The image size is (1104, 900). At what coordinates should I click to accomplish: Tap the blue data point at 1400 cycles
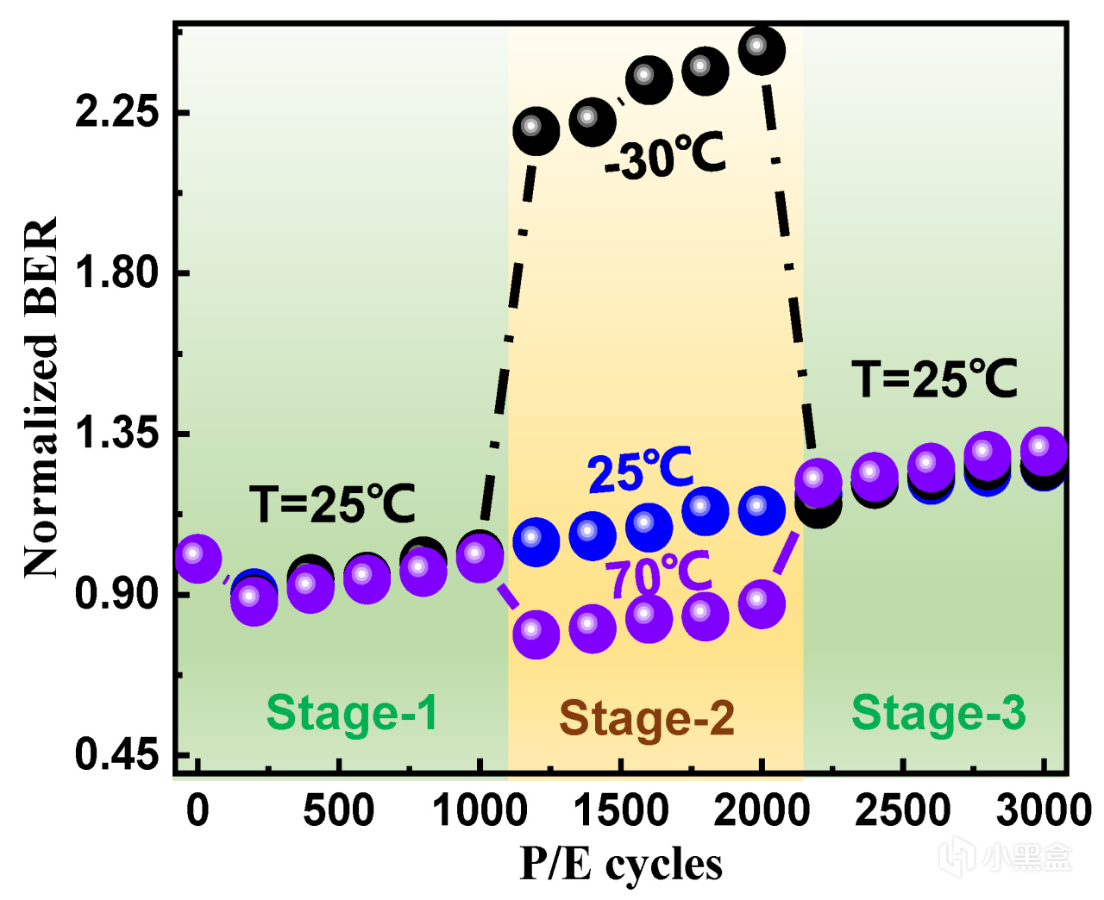click(592, 535)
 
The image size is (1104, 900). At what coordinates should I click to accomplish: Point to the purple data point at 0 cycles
click(198, 558)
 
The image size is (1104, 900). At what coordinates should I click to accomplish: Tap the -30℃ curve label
click(665, 157)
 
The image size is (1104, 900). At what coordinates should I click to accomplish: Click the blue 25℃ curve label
click(641, 471)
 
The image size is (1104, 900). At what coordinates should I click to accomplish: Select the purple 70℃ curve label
click(658, 574)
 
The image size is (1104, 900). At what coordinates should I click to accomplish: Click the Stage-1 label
click(352, 713)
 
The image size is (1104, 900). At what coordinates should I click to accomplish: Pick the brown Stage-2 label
click(647, 718)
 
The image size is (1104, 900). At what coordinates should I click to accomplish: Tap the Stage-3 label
click(938, 713)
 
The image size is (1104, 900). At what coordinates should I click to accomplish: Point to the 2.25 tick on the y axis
click(117, 112)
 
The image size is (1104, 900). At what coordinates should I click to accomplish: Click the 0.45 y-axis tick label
click(117, 755)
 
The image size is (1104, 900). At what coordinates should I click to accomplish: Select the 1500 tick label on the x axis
click(621, 811)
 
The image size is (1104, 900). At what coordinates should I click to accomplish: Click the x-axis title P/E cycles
click(621, 864)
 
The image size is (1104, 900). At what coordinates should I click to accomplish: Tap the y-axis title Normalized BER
click(41, 397)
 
